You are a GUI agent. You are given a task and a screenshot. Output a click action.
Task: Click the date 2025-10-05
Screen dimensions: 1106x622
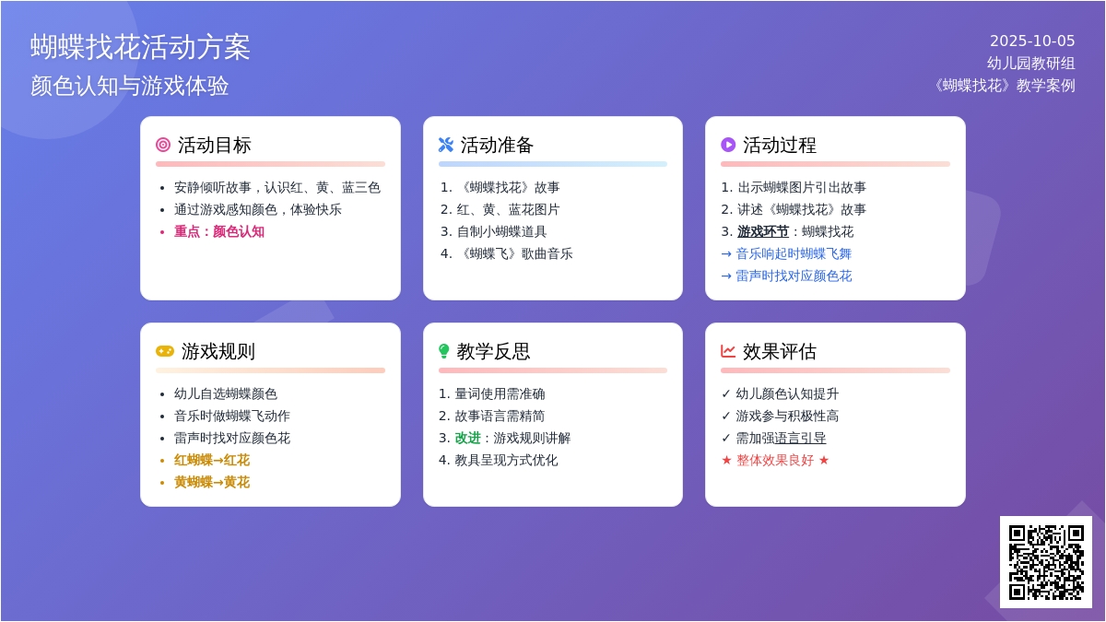click(1032, 41)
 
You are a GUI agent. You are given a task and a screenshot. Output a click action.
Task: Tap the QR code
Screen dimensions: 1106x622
click(1046, 562)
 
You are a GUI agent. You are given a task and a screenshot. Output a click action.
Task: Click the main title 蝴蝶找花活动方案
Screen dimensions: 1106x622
click(140, 47)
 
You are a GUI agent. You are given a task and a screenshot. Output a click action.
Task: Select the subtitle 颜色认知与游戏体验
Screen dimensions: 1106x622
click(129, 86)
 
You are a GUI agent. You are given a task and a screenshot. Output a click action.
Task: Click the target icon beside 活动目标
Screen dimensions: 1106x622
click(163, 145)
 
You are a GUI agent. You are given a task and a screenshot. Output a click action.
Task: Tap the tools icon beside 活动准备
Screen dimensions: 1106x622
click(446, 145)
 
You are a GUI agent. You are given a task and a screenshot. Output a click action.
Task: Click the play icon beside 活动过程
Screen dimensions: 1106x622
click(728, 145)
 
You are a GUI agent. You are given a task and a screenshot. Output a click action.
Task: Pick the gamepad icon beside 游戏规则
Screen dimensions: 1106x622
click(165, 351)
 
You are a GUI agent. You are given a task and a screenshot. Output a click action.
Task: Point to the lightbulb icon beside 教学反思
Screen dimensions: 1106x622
click(444, 351)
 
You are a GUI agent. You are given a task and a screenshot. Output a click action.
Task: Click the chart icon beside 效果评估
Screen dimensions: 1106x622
click(728, 351)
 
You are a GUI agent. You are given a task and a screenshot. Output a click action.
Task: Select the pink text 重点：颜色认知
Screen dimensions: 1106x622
click(219, 231)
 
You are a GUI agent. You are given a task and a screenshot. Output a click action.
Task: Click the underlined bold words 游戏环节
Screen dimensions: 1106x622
click(763, 231)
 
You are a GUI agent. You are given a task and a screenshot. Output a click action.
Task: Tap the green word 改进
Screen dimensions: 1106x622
click(467, 438)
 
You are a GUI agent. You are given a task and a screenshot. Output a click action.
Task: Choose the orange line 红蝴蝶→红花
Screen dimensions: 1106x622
click(212, 460)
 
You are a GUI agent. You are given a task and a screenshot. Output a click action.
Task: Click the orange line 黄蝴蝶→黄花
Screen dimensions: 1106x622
click(212, 482)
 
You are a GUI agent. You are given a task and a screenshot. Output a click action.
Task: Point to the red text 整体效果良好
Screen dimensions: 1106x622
click(775, 460)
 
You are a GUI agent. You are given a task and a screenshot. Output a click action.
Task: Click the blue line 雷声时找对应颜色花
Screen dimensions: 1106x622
click(794, 276)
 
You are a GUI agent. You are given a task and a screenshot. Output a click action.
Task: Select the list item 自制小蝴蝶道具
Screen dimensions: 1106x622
click(501, 231)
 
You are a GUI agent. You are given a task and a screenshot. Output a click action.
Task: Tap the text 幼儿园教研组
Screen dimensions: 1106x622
click(1031, 64)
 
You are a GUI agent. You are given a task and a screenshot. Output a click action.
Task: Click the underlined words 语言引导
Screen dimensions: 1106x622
click(800, 438)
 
